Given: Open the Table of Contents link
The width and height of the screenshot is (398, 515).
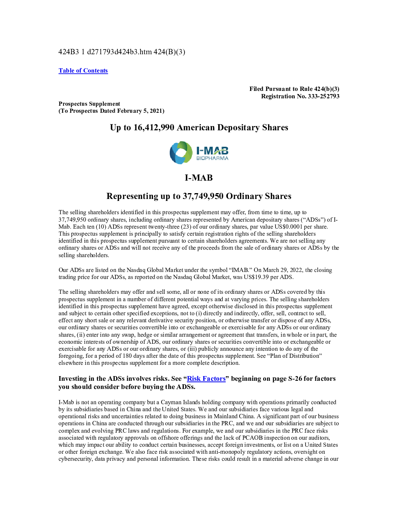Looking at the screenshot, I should click(x=83, y=71).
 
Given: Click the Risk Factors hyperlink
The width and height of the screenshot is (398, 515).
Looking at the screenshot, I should click(x=206, y=378).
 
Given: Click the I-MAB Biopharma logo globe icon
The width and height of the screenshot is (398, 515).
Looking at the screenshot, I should click(x=181, y=153).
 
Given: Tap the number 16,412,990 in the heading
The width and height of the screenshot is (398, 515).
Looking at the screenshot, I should click(x=154, y=128).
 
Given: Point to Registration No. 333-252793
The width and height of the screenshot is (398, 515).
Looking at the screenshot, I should click(x=300, y=96).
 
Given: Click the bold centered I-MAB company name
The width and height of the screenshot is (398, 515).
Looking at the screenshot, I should click(x=199, y=178).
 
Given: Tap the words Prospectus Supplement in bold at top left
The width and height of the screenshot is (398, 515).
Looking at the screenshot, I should click(x=89, y=104).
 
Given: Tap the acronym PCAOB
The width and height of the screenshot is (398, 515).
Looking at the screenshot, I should click(x=252, y=438).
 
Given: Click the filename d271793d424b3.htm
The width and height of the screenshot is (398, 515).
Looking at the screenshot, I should click(x=119, y=52).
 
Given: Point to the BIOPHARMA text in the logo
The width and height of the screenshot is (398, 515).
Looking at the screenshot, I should click(x=212, y=158).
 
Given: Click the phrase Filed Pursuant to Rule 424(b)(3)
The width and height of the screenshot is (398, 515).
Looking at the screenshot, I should click(x=294, y=89).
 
